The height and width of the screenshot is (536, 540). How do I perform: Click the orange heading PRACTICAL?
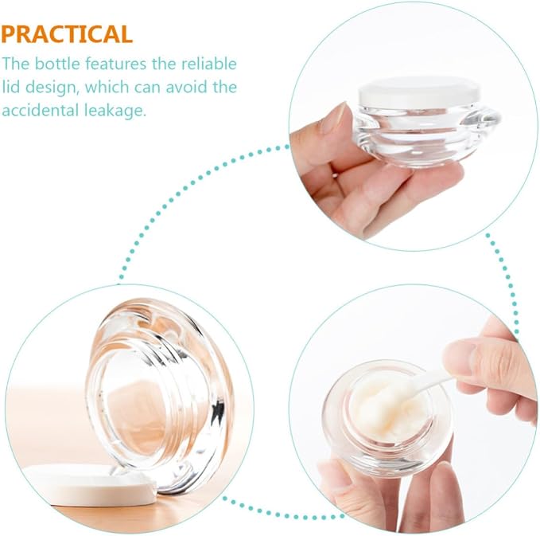[x=67, y=34]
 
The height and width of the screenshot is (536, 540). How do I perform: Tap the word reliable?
[x=209, y=64]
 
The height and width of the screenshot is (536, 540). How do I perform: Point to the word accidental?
[x=41, y=111]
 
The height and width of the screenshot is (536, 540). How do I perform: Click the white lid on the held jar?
[x=419, y=92]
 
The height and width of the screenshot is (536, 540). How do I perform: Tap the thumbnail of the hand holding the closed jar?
[x=414, y=127]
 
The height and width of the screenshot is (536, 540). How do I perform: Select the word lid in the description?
[x=10, y=87]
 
